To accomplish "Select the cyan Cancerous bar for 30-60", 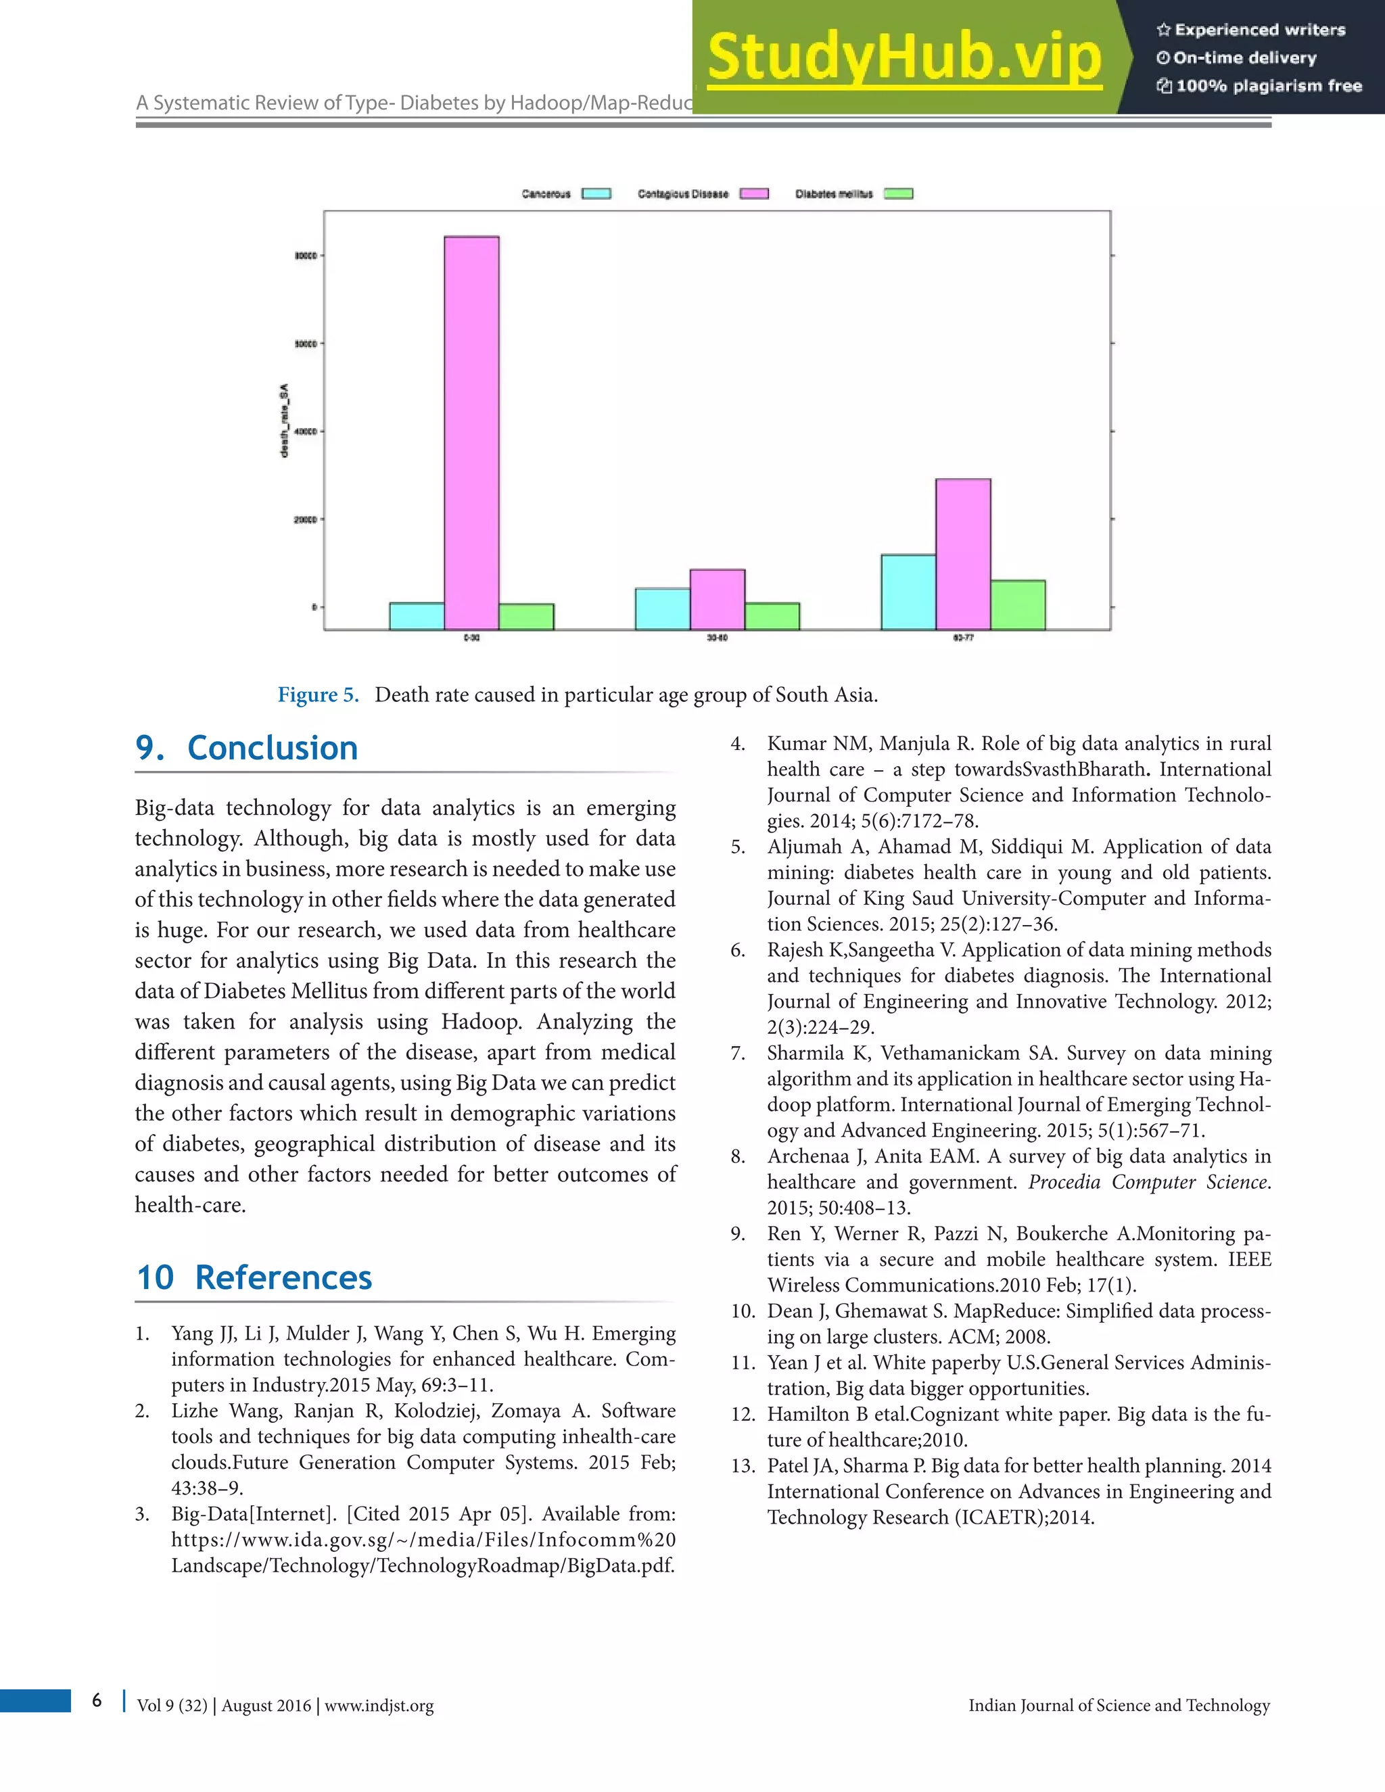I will [662, 609].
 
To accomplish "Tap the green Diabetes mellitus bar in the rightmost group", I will [1017, 605].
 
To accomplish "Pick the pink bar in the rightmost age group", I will [962, 554].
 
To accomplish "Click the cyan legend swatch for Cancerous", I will [596, 193].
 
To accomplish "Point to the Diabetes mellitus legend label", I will [834, 193].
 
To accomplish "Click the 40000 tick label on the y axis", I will [305, 431].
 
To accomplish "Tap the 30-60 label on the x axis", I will [717, 638].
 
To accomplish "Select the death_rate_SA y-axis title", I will [284, 420].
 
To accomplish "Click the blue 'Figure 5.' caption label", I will [319, 695].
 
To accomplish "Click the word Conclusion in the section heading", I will [273, 749].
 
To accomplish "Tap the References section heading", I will [283, 1277].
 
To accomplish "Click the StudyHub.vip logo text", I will [903, 57].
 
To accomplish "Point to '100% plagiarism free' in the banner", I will [1269, 86].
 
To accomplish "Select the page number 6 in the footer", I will [97, 1699].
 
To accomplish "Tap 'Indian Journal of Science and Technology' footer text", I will [1119, 1705].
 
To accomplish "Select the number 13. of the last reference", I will [743, 1466].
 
